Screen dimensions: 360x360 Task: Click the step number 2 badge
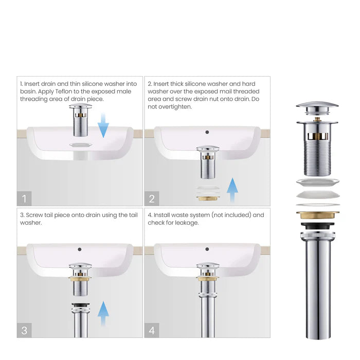click(x=152, y=197)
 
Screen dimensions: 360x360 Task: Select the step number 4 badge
click(x=152, y=330)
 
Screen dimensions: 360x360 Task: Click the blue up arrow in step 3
click(x=103, y=314)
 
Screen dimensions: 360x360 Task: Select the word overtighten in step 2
click(x=176, y=107)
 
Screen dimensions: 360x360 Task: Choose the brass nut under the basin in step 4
click(x=208, y=278)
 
